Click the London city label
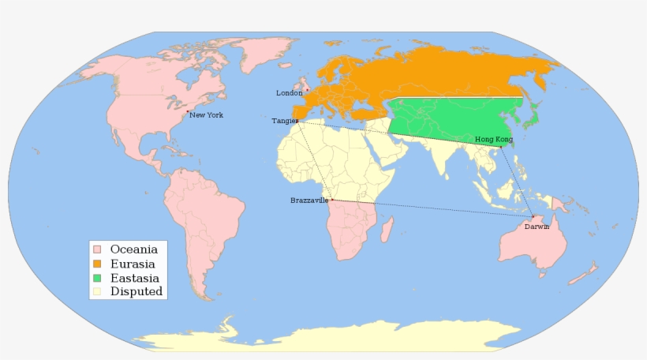289,93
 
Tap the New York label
206,115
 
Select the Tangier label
285,121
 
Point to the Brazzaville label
309,201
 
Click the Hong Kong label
493,139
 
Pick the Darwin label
537,227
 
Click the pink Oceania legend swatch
97,249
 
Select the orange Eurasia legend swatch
97,264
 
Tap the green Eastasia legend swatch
97,278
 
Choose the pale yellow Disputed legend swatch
97,292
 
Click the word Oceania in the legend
134,249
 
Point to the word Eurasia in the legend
132,264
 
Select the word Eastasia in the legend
134,278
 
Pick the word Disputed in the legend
137,292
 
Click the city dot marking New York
187,112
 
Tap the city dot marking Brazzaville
332,200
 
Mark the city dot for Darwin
533,216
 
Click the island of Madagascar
387,231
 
